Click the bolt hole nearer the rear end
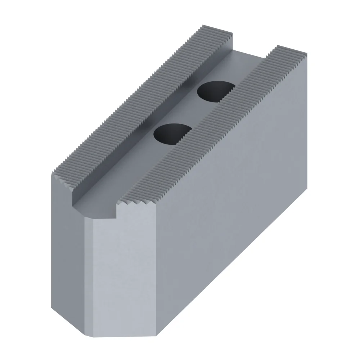click(215, 92)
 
